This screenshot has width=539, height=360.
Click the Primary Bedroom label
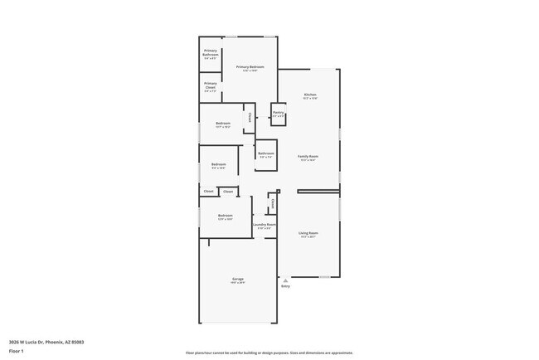(250, 68)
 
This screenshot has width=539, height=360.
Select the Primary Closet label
(211, 86)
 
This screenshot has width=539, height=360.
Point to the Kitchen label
(309, 96)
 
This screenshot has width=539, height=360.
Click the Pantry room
(279, 114)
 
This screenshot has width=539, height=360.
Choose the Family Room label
(308, 158)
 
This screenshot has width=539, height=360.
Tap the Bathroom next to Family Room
(266, 155)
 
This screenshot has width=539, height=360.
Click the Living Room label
(308, 235)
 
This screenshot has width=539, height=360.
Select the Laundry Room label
(264, 226)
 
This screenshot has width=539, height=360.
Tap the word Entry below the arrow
(285, 287)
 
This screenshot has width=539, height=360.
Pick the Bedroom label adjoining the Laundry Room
(225, 217)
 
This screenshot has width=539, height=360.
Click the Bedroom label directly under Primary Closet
(223, 125)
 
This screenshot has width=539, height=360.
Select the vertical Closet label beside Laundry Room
(271, 204)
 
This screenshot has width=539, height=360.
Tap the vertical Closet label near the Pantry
(250, 117)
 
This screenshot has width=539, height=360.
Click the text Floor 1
(17, 351)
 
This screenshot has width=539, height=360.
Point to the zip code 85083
(77, 342)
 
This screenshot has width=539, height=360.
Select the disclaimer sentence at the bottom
(269, 353)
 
